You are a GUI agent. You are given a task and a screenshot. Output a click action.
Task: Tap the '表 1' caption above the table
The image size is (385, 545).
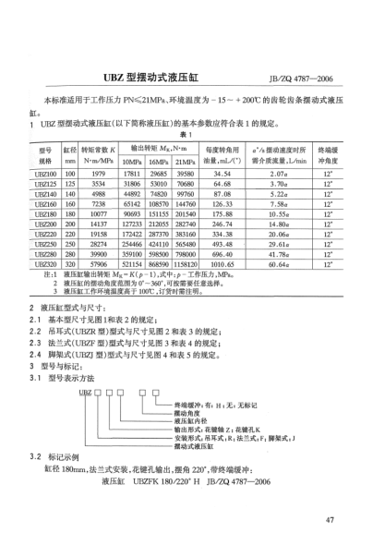[194, 135]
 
